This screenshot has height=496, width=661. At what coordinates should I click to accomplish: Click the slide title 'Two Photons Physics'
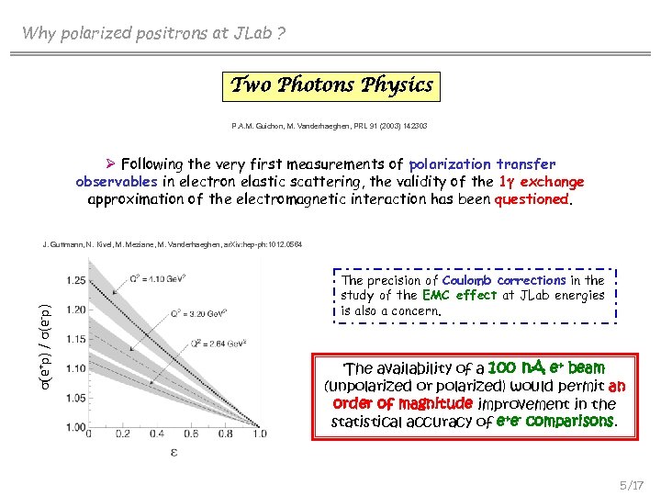[x=331, y=85]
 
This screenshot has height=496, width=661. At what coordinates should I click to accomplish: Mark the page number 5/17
[x=632, y=482]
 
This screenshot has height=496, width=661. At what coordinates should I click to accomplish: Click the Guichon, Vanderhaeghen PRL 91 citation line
[x=330, y=126]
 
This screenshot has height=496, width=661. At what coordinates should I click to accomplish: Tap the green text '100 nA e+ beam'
[x=548, y=368]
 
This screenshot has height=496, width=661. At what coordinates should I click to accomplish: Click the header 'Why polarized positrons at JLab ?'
[x=154, y=34]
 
